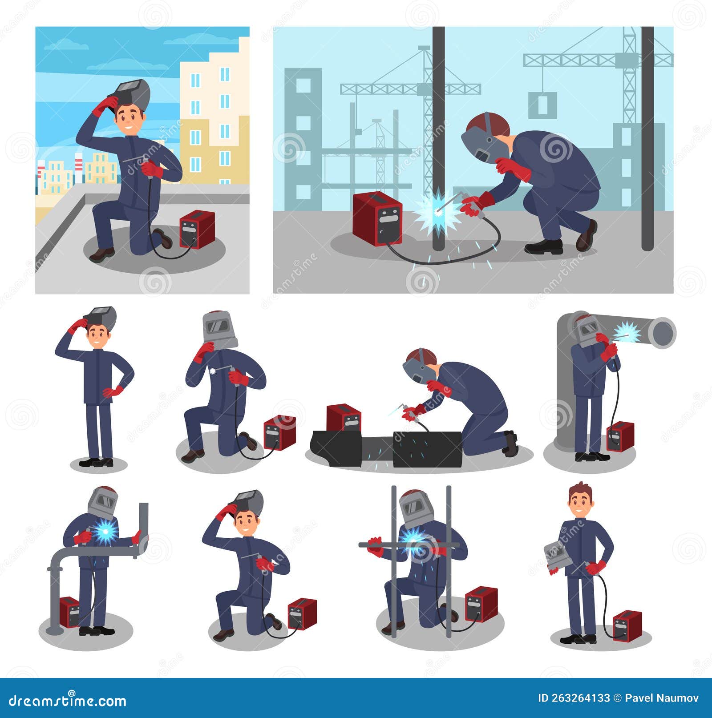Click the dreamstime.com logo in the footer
pos(64,702)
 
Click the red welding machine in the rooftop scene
pos(197,229)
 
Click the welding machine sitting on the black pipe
pos(344,417)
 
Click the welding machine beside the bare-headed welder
pos(627,624)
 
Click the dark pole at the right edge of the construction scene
pos(647,138)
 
